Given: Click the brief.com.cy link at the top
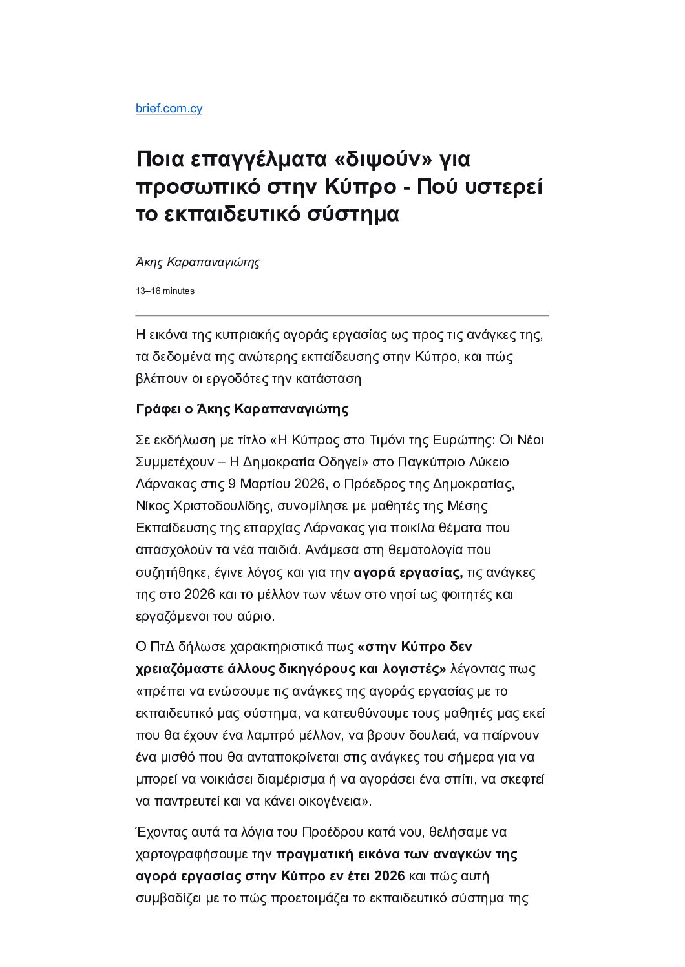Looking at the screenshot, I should [x=169, y=109].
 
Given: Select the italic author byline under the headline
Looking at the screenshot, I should [x=198, y=262].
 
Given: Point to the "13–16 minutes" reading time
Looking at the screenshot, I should [x=165, y=291].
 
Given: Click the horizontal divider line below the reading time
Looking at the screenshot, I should [x=342, y=315].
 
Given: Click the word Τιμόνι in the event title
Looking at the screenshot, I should [x=370, y=441].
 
